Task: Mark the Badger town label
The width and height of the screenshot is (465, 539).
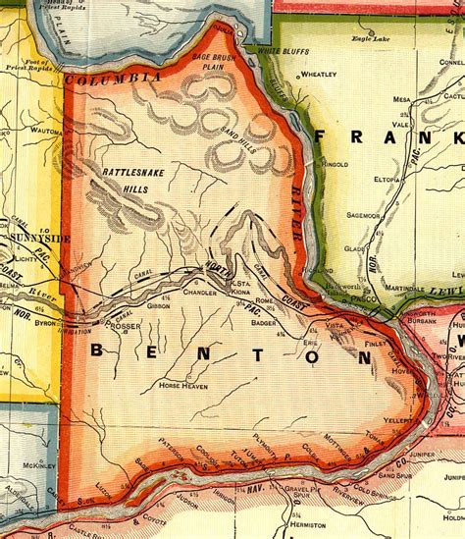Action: click(261, 318)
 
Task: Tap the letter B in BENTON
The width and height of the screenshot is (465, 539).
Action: click(101, 350)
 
